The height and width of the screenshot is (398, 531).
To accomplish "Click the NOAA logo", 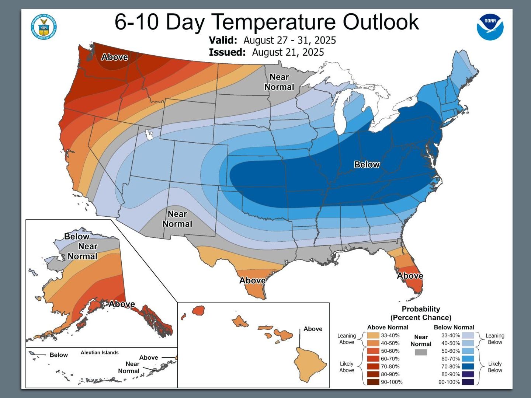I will [490, 27].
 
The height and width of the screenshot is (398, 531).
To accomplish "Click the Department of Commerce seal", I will [44, 27].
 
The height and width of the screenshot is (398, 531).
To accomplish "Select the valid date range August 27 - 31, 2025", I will [289, 40].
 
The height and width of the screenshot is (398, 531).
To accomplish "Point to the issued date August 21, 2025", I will [288, 52].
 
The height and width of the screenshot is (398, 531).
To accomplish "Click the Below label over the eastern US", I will [367, 164].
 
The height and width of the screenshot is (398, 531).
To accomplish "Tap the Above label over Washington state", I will [115, 57].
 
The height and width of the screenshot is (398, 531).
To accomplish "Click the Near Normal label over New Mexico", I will [177, 219].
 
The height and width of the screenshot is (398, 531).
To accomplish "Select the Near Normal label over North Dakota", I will [279, 82].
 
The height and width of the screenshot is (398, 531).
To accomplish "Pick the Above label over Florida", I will [410, 276].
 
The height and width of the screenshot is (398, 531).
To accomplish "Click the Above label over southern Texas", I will [253, 280].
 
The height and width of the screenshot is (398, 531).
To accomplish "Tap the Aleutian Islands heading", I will [100, 353].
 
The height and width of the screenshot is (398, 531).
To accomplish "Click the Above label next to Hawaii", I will [313, 329].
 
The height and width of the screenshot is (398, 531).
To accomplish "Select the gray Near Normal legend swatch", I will [421, 352].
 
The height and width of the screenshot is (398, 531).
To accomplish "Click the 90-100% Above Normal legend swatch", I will [374, 382].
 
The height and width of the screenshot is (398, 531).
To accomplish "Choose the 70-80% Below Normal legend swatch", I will [468, 366].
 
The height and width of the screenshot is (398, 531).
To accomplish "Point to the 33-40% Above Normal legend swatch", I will [374, 335].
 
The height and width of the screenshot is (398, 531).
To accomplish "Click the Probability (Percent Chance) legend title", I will [421, 313].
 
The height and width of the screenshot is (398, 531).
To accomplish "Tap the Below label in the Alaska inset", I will [77, 236].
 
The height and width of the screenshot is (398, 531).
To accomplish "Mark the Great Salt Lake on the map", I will [149, 134].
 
